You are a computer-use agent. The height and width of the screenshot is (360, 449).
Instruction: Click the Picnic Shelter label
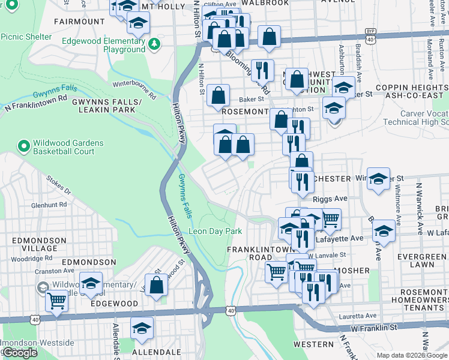coord(26,37)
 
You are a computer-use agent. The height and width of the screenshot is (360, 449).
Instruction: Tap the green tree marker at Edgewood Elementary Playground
coord(154,44)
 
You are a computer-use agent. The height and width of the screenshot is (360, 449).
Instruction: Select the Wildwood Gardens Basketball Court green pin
coord(23,146)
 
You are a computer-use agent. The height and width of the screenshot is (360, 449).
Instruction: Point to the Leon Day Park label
coord(215,231)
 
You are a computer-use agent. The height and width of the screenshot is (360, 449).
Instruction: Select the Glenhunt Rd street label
coord(49,205)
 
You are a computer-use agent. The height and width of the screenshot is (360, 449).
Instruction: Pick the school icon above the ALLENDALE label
coord(142,327)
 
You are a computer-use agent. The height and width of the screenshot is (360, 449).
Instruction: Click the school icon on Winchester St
coord(379,178)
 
